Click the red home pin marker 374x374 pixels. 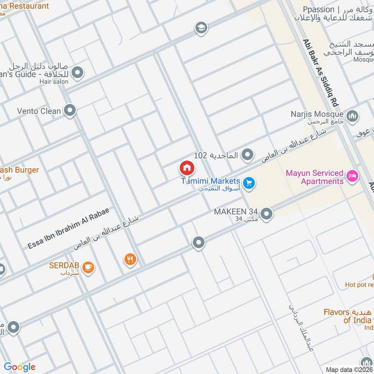(x=187, y=168)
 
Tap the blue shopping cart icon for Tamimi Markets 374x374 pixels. (x=249, y=183)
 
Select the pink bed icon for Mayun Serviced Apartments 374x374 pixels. (x=353, y=177)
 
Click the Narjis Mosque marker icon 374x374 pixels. (x=352, y=115)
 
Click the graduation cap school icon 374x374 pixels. (x=201, y=28)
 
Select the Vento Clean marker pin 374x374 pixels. (x=70, y=111)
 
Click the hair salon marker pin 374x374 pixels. (x=78, y=73)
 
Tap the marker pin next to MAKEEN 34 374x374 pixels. (x=266, y=214)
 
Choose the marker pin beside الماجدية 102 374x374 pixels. (x=248, y=154)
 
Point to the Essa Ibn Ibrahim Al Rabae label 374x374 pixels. (x=68, y=228)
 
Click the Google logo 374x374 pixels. (x=20, y=367)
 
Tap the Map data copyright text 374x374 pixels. (x=349, y=369)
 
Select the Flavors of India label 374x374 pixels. (x=348, y=316)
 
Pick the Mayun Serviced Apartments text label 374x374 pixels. (x=315, y=177)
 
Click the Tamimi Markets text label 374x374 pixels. (x=211, y=181)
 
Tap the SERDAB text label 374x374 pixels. (x=65, y=266)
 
